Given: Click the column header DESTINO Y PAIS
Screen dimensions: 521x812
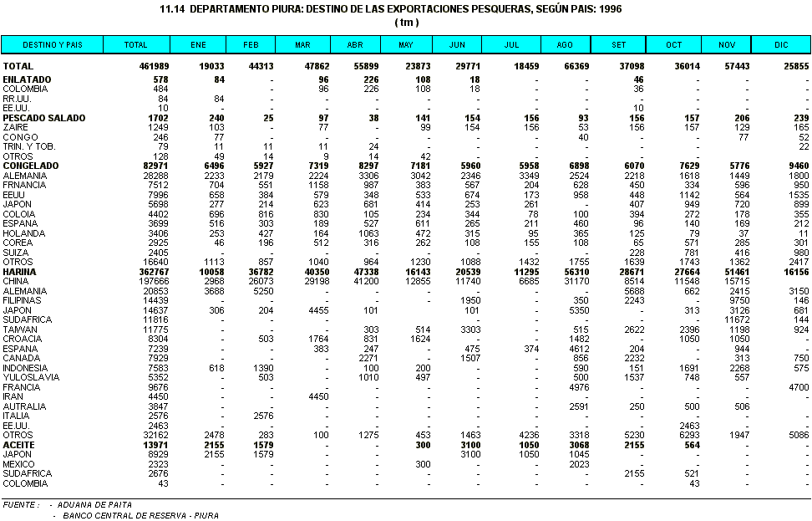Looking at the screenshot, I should coord(52,45).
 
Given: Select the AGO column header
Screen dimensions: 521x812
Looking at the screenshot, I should coord(565,45).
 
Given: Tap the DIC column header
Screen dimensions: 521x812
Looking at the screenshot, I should coord(780,45).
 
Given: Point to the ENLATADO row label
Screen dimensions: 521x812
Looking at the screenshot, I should coord(27,79).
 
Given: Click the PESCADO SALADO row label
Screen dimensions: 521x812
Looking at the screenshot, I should coord(43,118).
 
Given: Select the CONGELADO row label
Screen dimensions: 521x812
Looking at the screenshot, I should coord(30,166).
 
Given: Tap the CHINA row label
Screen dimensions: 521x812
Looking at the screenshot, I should coord(17,282).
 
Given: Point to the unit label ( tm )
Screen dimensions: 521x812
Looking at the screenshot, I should coord(406,22).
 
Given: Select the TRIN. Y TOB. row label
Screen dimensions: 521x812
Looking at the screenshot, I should coord(32,147).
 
